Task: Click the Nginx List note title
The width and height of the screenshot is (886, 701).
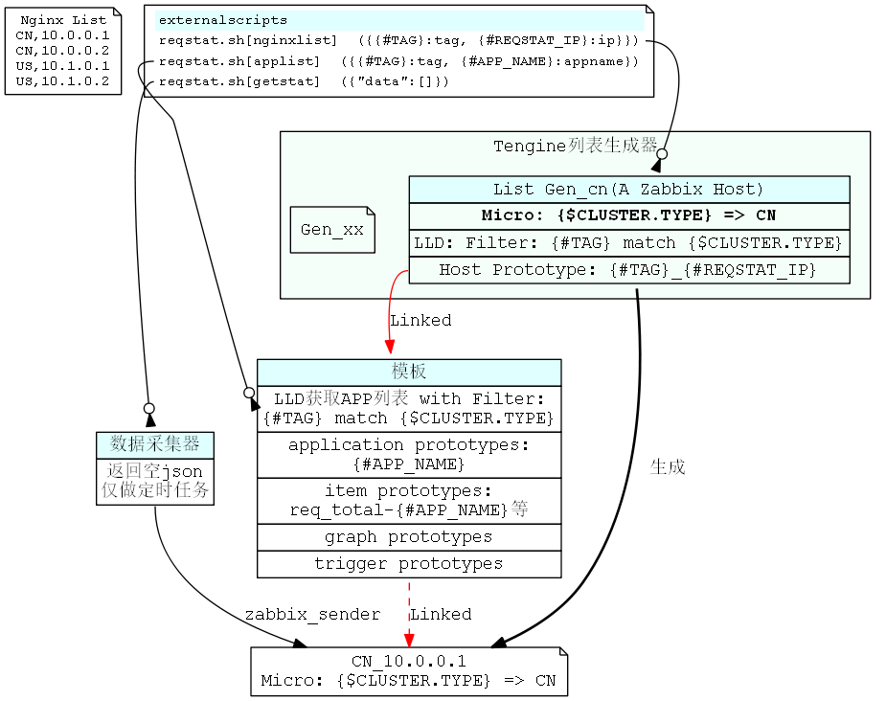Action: (x=63, y=20)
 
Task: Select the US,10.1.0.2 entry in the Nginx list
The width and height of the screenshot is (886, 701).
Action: (x=63, y=81)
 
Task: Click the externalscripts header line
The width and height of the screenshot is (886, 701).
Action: (x=222, y=20)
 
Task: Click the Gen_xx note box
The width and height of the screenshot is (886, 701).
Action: (x=332, y=230)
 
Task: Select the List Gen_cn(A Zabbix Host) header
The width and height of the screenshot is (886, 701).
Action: (x=628, y=190)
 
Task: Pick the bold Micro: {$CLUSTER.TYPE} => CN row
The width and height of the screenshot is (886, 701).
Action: (x=628, y=215)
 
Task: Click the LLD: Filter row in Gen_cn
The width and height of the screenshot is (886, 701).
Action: (x=628, y=243)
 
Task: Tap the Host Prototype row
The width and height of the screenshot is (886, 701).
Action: (x=628, y=270)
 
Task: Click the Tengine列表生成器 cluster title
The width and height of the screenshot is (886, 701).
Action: (x=575, y=147)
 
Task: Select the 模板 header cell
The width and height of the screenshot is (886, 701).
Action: (x=409, y=372)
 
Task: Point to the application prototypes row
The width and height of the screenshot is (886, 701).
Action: (x=409, y=455)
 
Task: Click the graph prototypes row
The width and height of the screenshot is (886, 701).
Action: (x=409, y=537)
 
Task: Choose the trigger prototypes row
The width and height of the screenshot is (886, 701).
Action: (x=409, y=564)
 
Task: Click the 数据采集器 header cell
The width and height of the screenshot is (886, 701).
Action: (x=155, y=444)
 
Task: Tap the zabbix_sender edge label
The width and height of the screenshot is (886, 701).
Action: (x=312, y=614)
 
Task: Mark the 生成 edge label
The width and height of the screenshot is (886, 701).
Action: (x=668, y=467)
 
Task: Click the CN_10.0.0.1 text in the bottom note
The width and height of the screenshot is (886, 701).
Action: (x=409, y=661)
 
